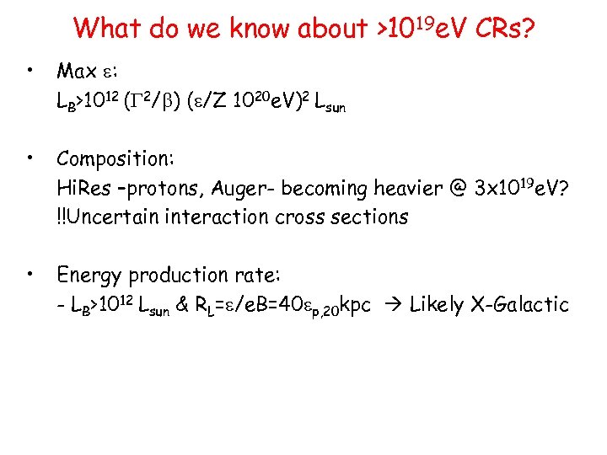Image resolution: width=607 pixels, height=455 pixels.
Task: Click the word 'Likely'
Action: click(437, 304)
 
